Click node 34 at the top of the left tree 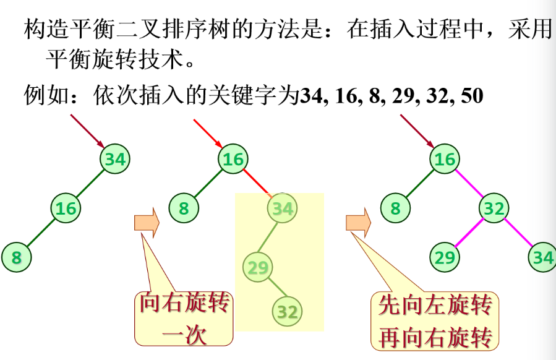point(114,159)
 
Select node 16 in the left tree point(66,208)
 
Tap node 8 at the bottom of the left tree point(16,257)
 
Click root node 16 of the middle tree point(233,160)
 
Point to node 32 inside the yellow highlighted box point(287,311)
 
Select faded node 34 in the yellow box point(282,208)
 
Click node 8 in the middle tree point(184,208)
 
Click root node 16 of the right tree point(445,160)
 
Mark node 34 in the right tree point(542,257)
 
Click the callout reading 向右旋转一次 point(184,319)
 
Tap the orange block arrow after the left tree point(147,222)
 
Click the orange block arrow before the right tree point(357,222)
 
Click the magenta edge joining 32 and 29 point(469,233)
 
